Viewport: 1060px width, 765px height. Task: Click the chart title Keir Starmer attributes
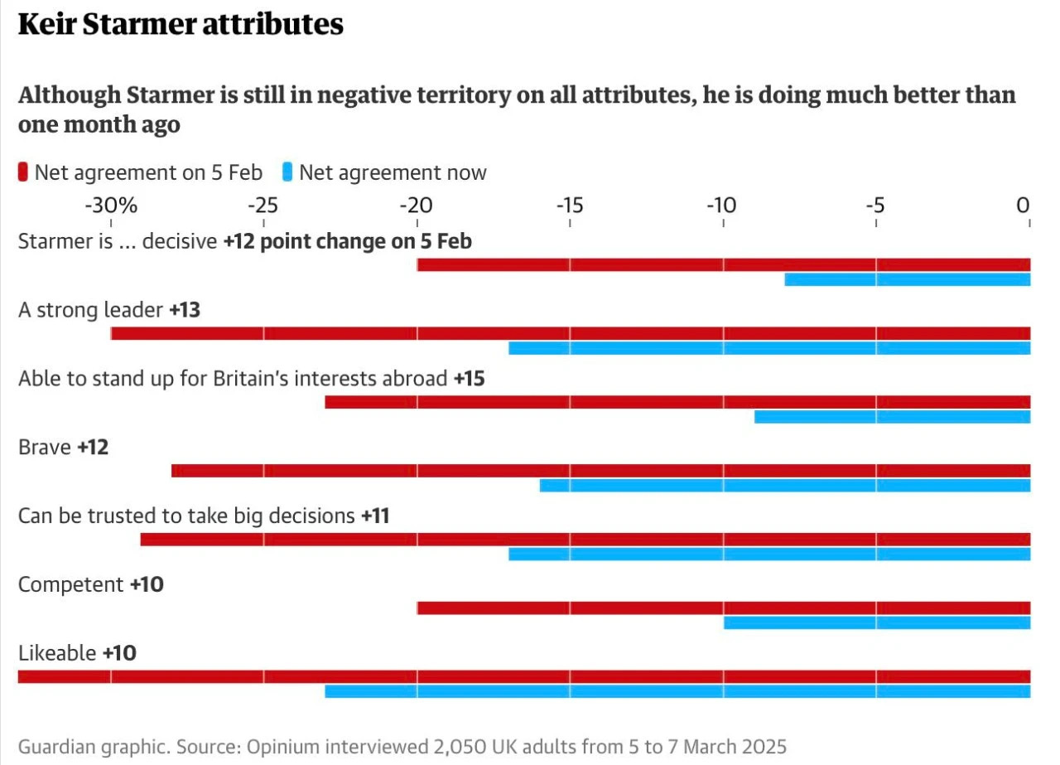(181, 25)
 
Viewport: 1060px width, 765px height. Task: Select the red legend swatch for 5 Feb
(22, 172)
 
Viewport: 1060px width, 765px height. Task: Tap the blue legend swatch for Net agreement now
(287, 172)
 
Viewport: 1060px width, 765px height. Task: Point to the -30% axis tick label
(111, 205)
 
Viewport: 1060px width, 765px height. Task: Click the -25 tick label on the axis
(263, 205)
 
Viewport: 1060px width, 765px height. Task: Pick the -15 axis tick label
(569, 205)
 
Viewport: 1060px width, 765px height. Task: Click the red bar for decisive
(723, 264)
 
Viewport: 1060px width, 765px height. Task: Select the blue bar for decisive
(907, 279)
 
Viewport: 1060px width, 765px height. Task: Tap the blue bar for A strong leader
(769, 348)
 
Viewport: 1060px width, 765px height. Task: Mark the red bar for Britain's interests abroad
(677, 402)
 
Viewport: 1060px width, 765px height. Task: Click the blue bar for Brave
(784, 485)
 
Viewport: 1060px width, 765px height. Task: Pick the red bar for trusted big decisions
(585, 539)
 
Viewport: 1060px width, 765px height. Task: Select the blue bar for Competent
(876, 622)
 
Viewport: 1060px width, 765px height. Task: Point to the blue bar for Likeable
(677, 691)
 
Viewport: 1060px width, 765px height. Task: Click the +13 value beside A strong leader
(185, 310)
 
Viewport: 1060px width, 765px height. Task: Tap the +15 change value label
(469, 379)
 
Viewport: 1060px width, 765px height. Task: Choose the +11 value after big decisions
(375, 516)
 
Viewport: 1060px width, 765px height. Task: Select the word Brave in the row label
(45, 448)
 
